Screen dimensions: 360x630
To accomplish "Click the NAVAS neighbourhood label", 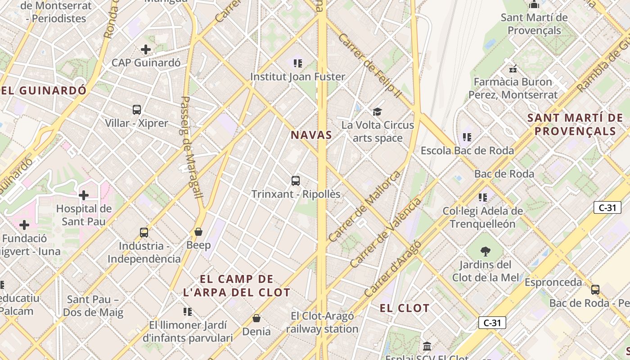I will (311, 135).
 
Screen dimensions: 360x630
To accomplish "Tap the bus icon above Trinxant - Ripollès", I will (296, 181).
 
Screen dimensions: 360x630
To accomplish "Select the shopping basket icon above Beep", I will (198, 232).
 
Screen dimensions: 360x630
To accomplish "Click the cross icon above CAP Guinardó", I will (146, 49).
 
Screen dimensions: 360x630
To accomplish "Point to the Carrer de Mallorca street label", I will (364, 206).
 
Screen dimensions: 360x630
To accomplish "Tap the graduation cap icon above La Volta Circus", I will (377, 112).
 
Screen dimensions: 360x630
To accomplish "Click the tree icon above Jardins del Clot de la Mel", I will (485, 252).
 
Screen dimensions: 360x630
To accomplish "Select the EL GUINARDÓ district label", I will (44, 90).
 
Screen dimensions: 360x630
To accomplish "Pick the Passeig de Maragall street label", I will (191, 147).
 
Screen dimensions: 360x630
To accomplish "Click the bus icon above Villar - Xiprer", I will (137, 110).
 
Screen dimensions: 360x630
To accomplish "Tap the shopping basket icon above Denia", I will (256, 318).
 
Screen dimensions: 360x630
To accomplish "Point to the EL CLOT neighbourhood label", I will (405, 308).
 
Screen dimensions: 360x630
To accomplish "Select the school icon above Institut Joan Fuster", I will (297, 63).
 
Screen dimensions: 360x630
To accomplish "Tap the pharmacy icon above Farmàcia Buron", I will (513, 69).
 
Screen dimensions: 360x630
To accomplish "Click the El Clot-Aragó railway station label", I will (322, 322).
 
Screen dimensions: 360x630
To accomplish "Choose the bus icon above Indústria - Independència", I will (144, 233).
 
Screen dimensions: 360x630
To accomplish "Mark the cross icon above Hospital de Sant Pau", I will (84, 195).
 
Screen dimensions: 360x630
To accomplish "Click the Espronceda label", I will (553, 282).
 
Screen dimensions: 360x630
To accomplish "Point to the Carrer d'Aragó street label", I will (392, 269).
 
